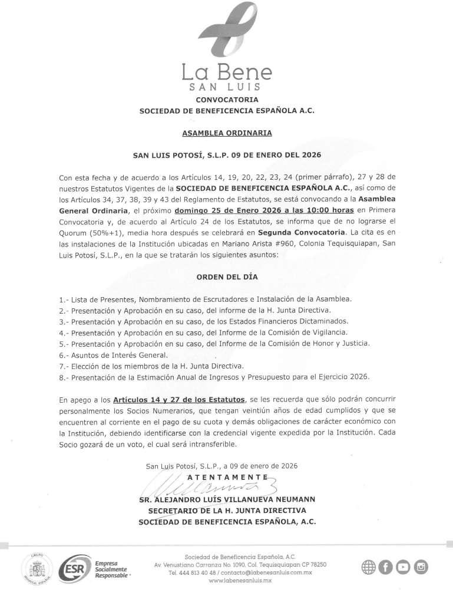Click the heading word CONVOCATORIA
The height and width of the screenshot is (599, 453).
point(227,100)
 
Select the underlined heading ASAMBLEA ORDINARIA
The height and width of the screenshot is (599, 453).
point(227,133)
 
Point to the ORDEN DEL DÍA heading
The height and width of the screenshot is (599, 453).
point(227,277)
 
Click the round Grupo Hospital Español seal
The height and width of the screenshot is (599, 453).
point(37,569)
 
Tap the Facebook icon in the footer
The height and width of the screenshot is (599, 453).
point(386,567)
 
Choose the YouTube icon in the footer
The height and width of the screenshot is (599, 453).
point(404,567)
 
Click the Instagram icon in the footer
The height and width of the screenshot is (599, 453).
point(421,567)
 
